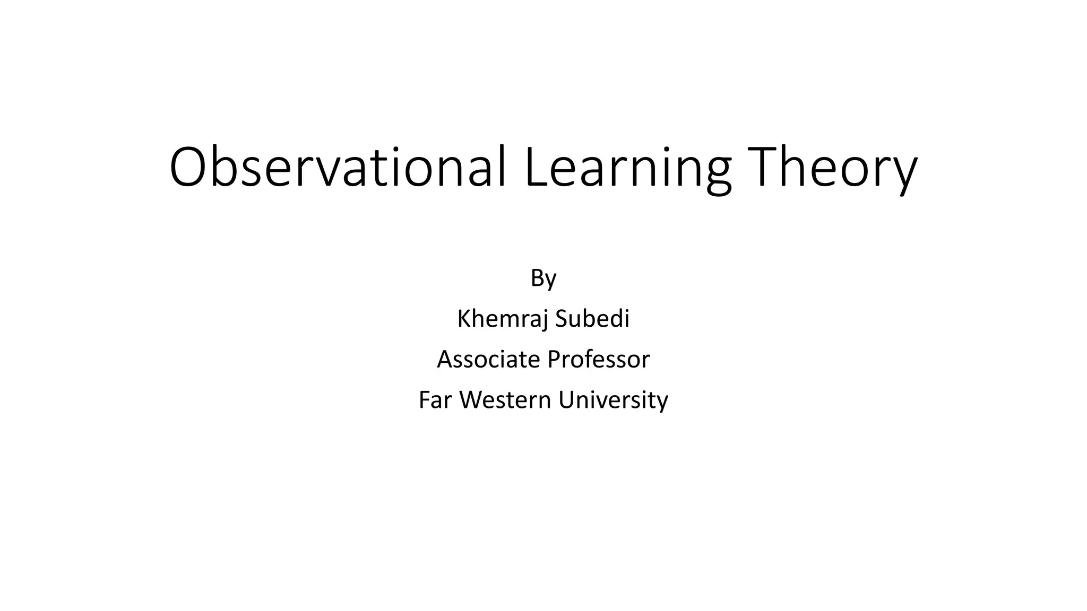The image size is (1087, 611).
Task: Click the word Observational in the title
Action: point(338,167)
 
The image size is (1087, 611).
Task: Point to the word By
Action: point(543,278)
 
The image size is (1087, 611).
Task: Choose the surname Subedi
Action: point(592,319)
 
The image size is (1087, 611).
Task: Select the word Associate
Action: point(488,359)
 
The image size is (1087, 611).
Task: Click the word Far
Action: point(435,399)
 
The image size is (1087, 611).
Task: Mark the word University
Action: point(613,399)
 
